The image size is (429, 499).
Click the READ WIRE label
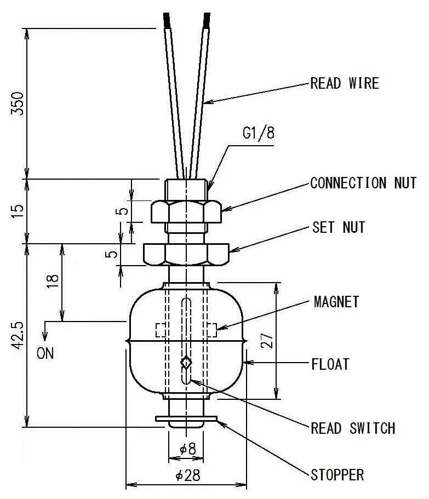click(x=344, y=84)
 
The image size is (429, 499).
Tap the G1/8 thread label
click(x=258, y=134)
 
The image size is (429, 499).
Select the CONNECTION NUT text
click(x=363, y=183)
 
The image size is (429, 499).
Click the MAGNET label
click(x=336, y=302)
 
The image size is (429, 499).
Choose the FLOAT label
click(x=330, y=364)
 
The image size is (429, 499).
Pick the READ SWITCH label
click(x=353, y=428)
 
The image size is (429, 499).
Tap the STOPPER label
click(x=337, y=474)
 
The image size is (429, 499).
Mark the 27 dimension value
click(x=267, y=341)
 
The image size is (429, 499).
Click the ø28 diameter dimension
click(x=188, y=475)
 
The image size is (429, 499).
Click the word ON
click(x=45, y=353)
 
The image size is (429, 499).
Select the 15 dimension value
click(x=18, y=211)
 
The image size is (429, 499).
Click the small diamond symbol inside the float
click(x=186, y=362)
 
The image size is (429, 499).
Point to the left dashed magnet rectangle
click(x=161, y=330)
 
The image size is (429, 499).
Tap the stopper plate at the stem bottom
click(x=186, y=419)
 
